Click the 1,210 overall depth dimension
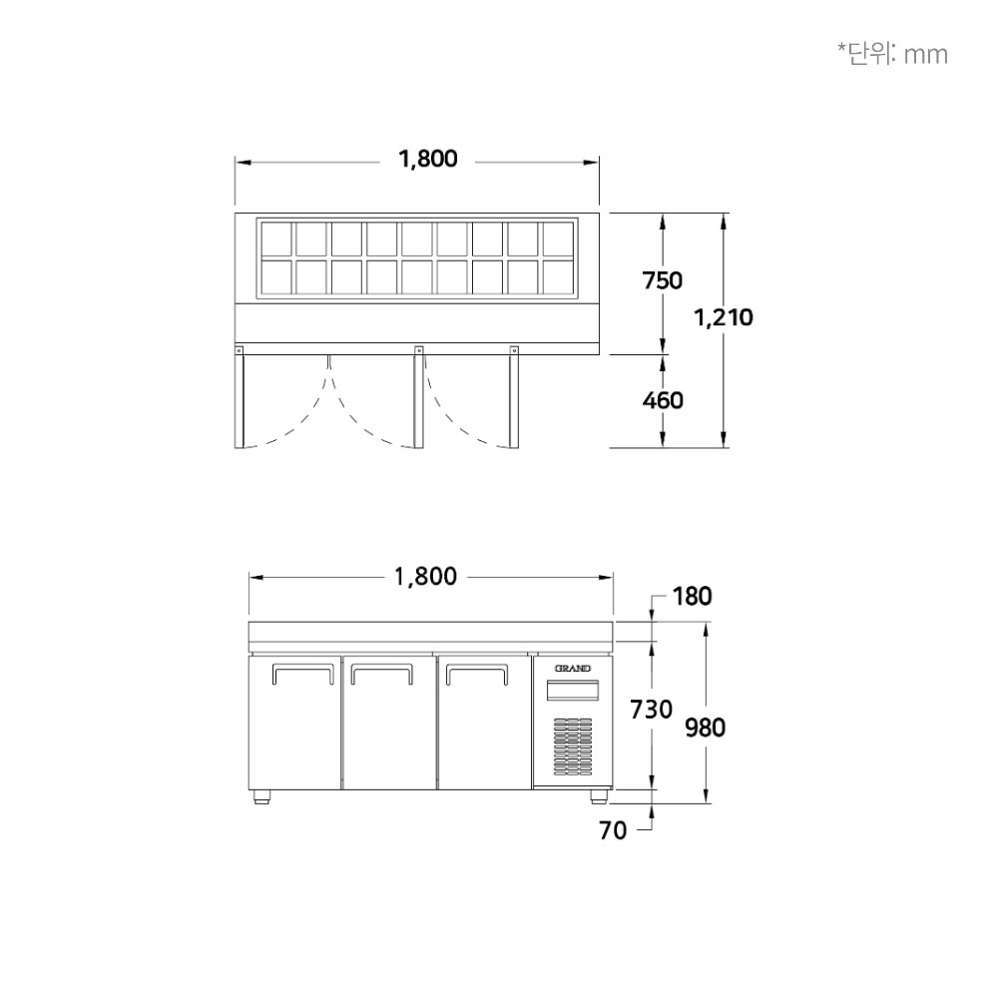point(723,317)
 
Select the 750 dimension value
point(662,280)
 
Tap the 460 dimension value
point(662,400)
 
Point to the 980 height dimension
point(706,727)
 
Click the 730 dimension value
point(651,709)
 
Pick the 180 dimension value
point(692,597)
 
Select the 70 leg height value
point(613,830)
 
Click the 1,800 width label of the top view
point(428,159)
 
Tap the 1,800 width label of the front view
point(426,577)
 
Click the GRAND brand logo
point(573,669)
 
